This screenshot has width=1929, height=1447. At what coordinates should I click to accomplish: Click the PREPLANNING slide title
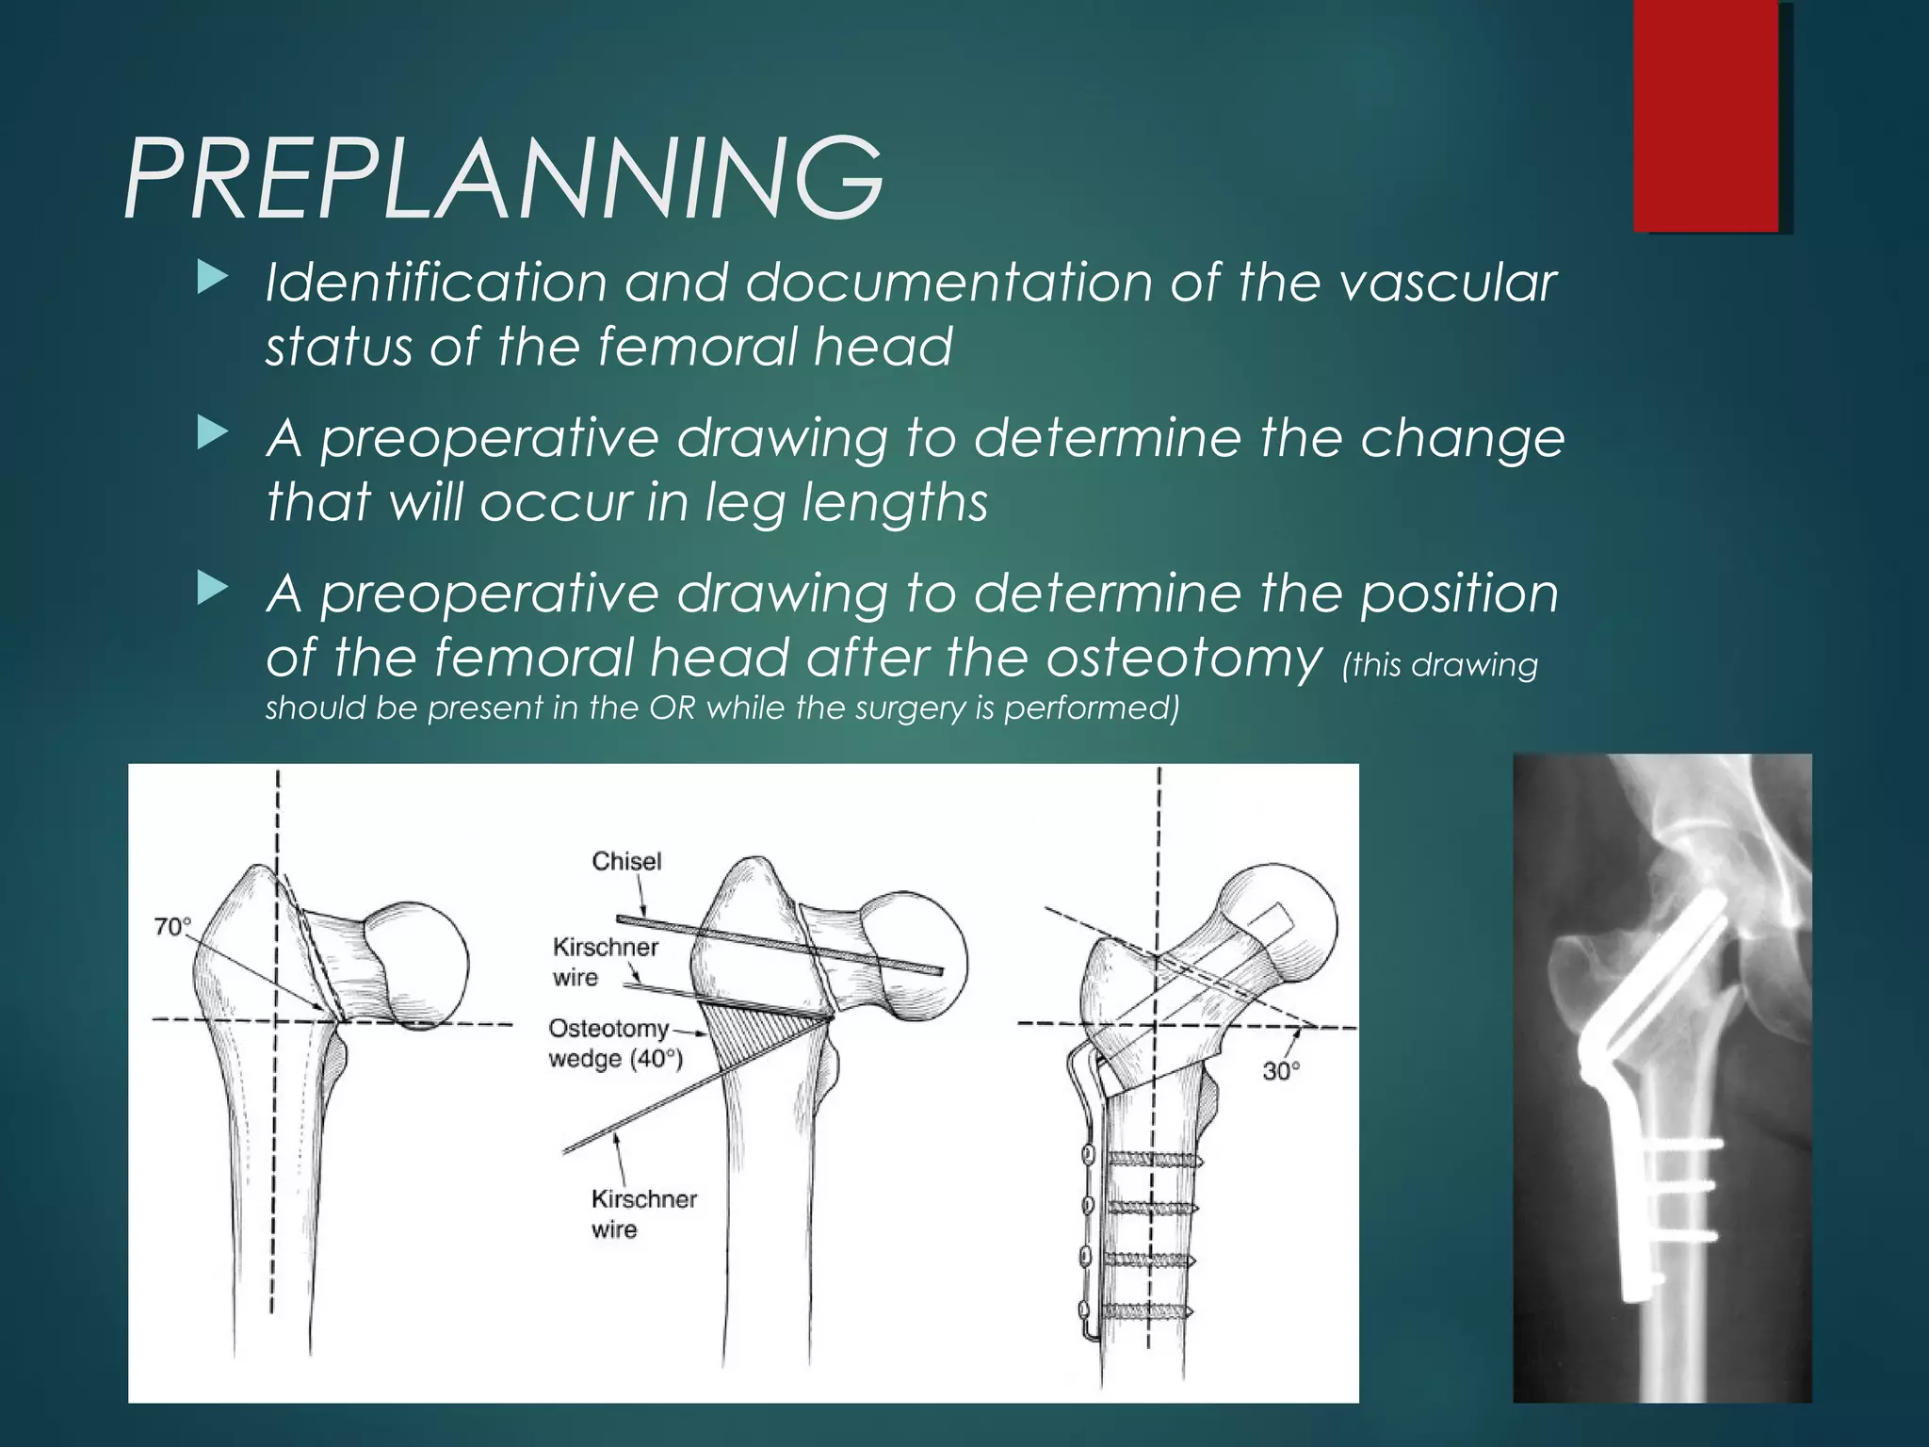point(504,178)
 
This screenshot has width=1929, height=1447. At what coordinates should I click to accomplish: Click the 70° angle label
point(172,927)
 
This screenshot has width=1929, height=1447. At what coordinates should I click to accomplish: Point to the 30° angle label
point(1280,1071)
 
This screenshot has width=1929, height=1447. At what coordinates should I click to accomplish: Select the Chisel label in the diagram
point(626,861)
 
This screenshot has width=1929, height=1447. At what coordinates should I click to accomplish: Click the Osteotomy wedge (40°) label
point(615,1043)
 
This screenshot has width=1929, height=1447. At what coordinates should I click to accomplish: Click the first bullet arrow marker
point(213,279)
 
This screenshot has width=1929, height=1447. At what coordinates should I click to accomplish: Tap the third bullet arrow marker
point(213,590)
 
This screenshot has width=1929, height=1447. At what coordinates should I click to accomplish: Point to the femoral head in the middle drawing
point(918,951)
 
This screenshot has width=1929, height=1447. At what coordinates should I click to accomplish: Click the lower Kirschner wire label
point(644,1213)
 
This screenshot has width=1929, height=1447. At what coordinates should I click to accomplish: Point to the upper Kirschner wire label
point(605,961)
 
